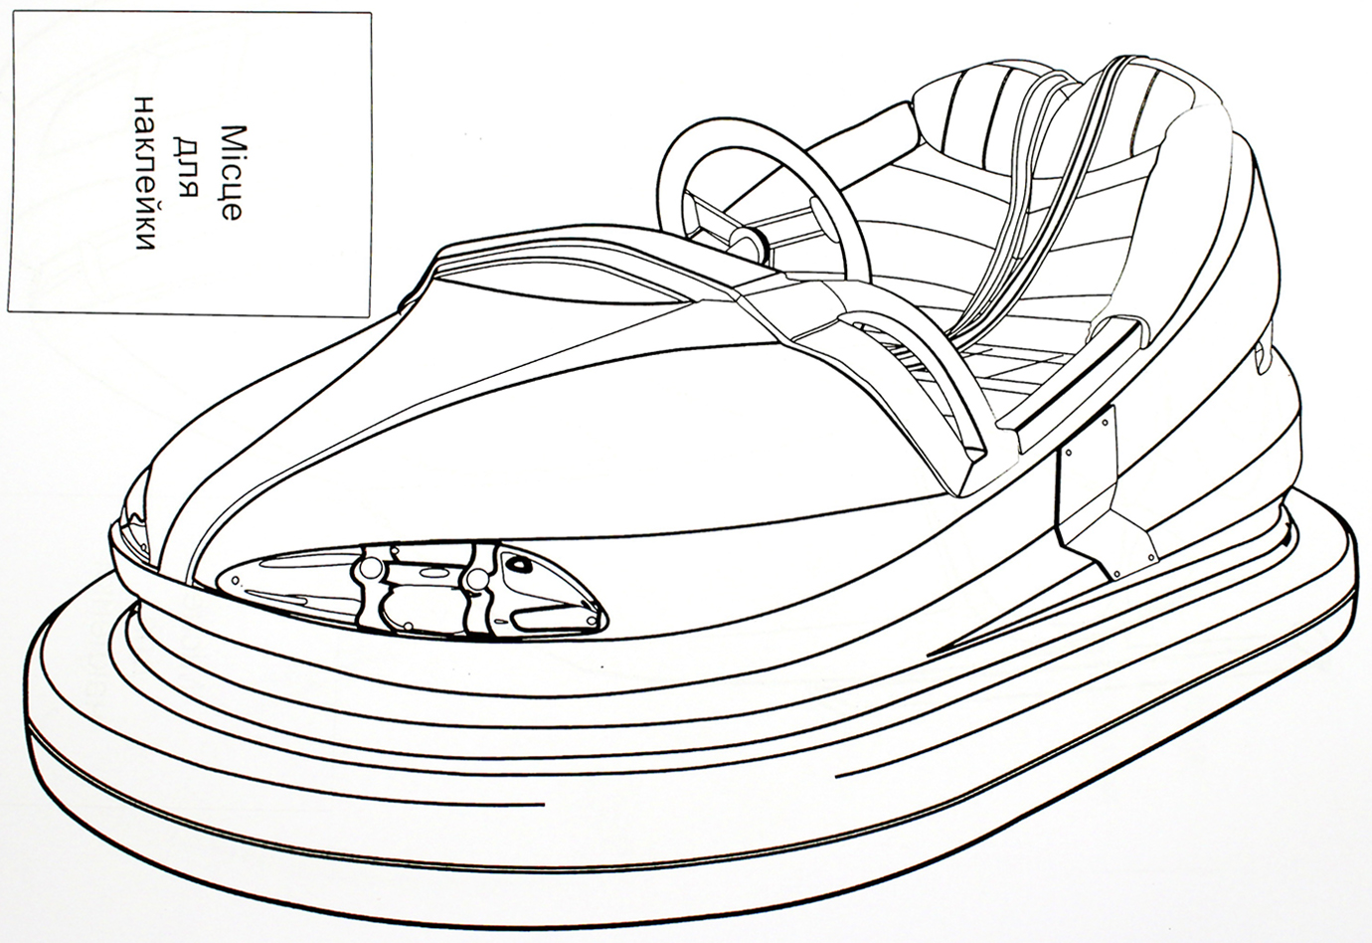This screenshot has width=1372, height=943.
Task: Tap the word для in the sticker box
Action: point(186,172)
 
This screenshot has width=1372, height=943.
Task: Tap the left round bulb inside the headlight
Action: point(371,567)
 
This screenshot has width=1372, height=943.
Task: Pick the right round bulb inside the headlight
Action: point(478,579)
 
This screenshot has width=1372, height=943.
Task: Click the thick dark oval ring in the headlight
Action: point(519,562)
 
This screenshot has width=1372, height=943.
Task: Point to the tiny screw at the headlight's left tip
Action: point(235,578)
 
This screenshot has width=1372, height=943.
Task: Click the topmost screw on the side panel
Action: point(1107,422)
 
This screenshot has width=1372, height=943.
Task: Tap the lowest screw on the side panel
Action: point(1115,574)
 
